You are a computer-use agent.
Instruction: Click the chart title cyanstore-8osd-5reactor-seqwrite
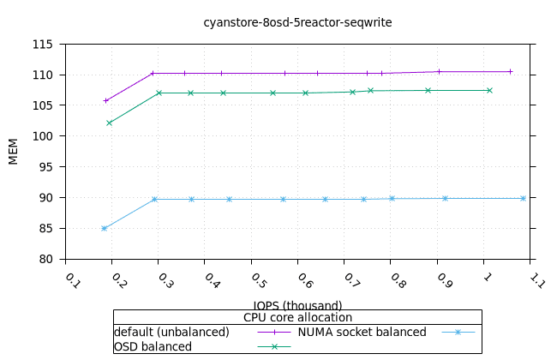tap(297, 22)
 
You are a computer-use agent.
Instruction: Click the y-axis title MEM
tap(13, 151)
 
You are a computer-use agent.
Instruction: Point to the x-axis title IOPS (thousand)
tap(297, 305)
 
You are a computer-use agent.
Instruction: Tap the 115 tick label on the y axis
tap(42, 45)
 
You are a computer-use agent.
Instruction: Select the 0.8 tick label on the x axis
tap(396, 279)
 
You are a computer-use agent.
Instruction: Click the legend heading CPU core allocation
tap(297, 317)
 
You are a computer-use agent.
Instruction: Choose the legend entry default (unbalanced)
tap(171, 332)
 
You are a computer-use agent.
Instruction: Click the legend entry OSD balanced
tap(153, 346)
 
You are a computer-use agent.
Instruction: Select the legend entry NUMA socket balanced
tap(362, 332)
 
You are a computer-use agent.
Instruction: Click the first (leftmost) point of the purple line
tap(105, 100)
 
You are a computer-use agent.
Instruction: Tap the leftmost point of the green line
tap(109, 123)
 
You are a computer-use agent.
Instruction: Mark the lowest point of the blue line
tap(104, 228)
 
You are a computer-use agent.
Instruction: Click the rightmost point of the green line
tap(489, 90)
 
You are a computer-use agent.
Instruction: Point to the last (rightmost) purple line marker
tap(510, 71)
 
